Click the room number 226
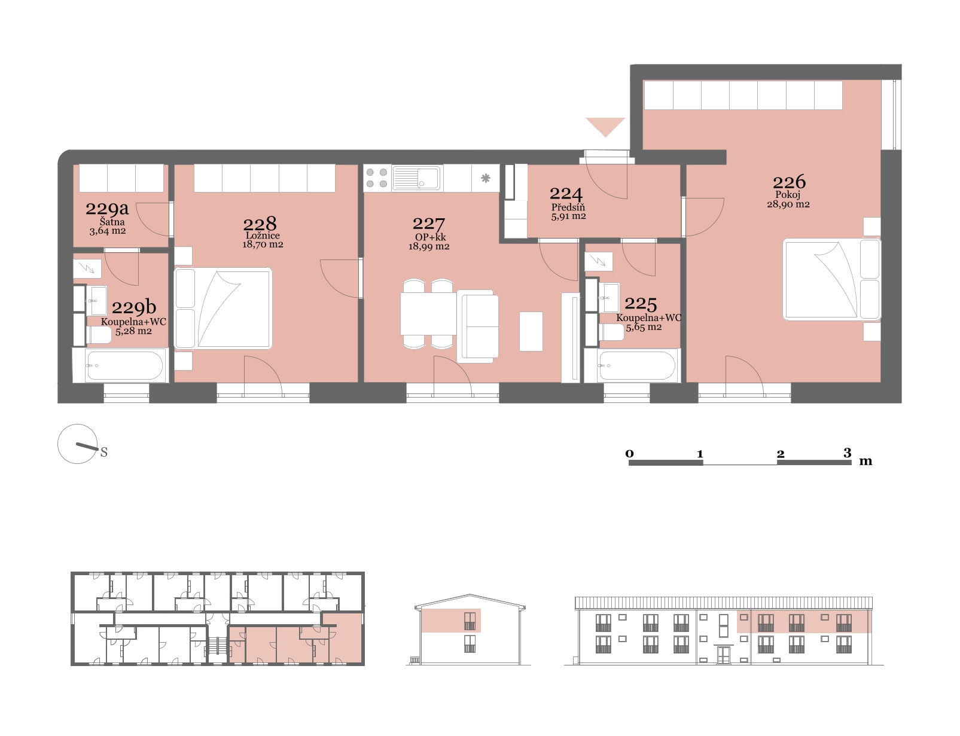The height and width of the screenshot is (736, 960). coord(789,182)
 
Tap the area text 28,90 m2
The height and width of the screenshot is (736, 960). coord(788,204)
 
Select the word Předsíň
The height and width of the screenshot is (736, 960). coord(568,207)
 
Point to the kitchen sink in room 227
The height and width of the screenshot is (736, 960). coord(416,178)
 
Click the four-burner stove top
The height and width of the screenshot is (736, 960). coord(377,178)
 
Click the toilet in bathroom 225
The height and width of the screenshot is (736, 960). coord(611,332)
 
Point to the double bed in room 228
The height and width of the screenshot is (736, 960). coord(223,309)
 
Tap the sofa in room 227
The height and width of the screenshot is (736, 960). coord(477,326)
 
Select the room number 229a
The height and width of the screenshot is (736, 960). coord(107,208)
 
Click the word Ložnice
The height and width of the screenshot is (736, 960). coord(263,236)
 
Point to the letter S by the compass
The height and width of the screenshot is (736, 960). coord(104,452)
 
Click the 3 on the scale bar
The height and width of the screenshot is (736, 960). coord(848,453)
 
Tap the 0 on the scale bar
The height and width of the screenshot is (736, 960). coord(630,453)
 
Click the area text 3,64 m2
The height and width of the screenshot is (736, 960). coord(108,231)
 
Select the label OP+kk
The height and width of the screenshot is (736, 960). coord(430,237)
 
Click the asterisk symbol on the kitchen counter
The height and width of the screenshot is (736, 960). coord(486,178)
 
